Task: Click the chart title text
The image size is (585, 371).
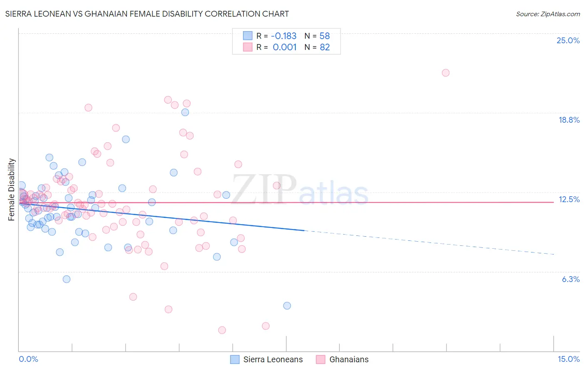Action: (147, 14)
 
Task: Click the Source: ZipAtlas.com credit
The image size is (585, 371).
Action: (548, 14)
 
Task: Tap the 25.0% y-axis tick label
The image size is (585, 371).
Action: (568, 40)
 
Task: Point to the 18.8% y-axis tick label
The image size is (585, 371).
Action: (569, 120)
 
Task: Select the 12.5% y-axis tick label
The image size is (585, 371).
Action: (569, 199)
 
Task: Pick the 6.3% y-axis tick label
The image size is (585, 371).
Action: (570, 279)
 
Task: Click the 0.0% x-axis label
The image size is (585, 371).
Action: (29, 359)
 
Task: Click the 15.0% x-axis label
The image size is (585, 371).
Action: (568, 359)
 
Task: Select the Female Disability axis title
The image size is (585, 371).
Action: (12, 189)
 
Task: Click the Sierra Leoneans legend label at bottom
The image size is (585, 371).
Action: (273, 359)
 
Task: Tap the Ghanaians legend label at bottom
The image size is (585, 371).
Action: (349, 359)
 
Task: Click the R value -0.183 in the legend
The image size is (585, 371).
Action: (284, 36)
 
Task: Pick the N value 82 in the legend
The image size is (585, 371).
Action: (325, 47)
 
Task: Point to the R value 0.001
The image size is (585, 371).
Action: (285, 47)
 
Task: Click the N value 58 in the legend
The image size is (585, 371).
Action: (325, 36)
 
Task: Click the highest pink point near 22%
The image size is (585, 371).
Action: (446, 73)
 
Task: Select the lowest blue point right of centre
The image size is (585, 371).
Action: (287, 306)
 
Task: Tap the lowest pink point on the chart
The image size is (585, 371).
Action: (222, 330)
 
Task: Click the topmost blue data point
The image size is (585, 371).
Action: (185, 112)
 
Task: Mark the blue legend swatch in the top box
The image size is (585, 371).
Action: (248, 36)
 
